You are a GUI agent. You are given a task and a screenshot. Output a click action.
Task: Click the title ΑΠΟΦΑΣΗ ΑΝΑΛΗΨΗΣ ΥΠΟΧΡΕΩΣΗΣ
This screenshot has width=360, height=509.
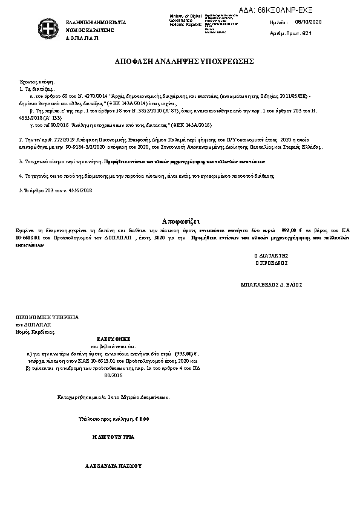(x=179, y=62)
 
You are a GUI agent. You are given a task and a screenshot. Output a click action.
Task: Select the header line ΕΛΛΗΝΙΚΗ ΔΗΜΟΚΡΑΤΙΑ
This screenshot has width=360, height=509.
(x=96, y=22)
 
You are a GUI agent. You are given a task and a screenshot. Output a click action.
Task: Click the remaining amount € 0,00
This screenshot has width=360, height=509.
(x=142, y=418)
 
